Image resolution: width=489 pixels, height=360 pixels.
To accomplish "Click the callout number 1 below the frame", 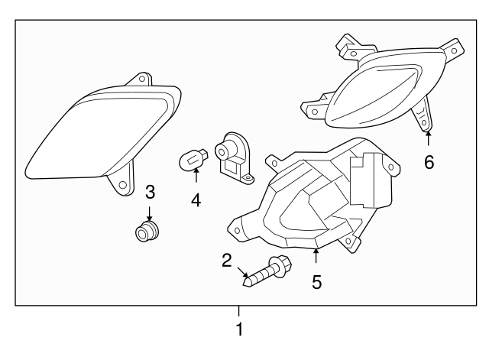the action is pyautogui.click(x=239, y=329).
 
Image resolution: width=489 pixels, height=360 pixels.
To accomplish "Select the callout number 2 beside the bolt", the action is pyautogui.click(x=227, y=261).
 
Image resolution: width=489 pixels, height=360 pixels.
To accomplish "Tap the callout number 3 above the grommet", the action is pyautogui.click(x=150, y=192).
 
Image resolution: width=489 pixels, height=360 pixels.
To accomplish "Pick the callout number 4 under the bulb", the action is pyautogui.click(x=196, y=200).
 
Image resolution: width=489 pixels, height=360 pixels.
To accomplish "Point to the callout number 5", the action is pyautogui.click(x=316, y=282).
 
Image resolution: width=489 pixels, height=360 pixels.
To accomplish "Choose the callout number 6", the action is pyautogui.click(x=429, y=162).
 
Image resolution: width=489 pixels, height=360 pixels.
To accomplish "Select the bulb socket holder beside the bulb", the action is pyautogui.click(x=234, y=158).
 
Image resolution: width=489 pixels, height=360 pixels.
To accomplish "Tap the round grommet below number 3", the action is pyautogui.click(x=147, y=232).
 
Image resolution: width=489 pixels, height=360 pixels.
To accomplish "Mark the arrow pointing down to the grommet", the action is pyautogui.click(x=150, y=215).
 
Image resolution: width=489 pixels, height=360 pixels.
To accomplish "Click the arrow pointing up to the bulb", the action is pyautogui.click(x=196, y=175).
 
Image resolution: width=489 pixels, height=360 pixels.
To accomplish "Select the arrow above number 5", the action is pyautogui.click(x=316, y=256).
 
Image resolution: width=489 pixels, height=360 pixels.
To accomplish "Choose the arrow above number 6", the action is pyautogui.click(x=429, y=138).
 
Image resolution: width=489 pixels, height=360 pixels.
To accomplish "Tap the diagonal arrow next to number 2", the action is pyautogui.click(x=243, y=272).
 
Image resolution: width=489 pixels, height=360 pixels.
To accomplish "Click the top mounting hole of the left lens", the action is pyautogui.click(x=142, y=78).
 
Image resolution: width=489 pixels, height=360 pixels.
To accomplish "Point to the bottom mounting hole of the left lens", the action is pyautogui.click(x=123, y=185).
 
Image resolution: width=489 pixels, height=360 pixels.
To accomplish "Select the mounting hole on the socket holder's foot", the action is pyautogui.click(x=248, y=178).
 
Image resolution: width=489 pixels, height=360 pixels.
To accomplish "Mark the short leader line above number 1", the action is pyautogui.click(x=239, y=311).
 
